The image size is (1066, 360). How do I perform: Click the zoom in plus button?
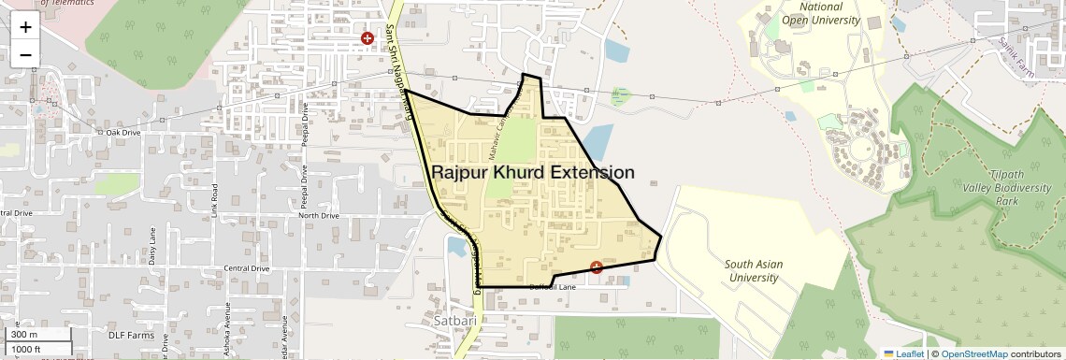(x=25, y=26)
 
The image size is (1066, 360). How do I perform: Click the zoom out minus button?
(x=25, y=54)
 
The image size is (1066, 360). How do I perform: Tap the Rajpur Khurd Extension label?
(x=532, y=173)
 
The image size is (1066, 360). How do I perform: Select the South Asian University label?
(x=753, y=270)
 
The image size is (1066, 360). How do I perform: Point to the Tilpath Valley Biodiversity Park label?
(x=1018, y=188)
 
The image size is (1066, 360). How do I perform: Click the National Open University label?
(x=820, y=13)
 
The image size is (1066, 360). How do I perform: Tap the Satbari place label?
(x=455, y=321)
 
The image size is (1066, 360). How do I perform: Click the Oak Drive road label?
(x=122, y=133)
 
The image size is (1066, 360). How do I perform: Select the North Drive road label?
(x=318, y=216)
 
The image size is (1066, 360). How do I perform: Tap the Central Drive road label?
(x=247, y=268)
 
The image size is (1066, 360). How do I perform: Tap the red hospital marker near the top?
(x=367, y=39)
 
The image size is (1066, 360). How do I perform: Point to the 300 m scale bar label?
(x=23, y=335)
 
